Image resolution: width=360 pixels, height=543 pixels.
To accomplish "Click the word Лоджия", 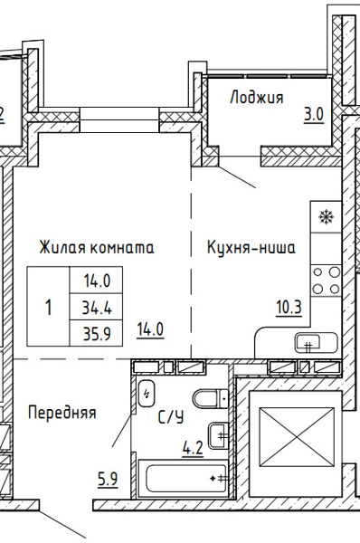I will (x=258, y=98).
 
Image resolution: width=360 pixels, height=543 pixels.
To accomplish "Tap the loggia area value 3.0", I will (x=313, y=115).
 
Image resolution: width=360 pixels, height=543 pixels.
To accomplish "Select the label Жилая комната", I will (x=96, y=246).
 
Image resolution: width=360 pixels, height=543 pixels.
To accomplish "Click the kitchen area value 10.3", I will (x=289, y=307).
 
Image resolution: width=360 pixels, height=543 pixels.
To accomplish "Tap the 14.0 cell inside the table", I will (x=96, y=281).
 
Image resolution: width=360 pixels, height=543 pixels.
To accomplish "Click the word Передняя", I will (x=62, y=413).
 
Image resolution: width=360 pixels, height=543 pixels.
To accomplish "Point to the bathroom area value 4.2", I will (x=193, y=445).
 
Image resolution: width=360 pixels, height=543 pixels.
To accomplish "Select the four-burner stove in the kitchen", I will (x=326, y=280).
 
